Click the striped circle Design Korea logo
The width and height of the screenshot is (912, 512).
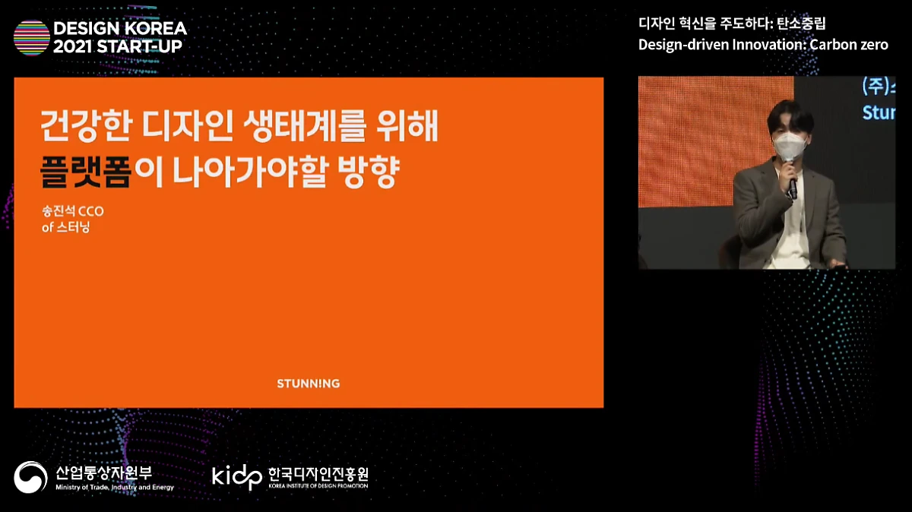point(32,37)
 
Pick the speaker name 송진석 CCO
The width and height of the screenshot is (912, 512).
point(73,212)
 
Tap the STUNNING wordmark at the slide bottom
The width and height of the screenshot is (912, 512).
point(309,384)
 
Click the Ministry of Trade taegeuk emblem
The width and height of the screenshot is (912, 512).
point(30,477)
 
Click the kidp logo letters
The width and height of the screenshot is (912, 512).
point(236,477)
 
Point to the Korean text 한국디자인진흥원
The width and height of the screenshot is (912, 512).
point(318,473)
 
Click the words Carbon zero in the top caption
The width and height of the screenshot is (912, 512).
point(849,44)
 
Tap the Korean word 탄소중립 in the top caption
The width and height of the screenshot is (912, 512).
point(801,23)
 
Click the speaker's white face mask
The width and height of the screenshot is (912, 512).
point(790,144)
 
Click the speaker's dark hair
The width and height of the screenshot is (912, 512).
point(790,115)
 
